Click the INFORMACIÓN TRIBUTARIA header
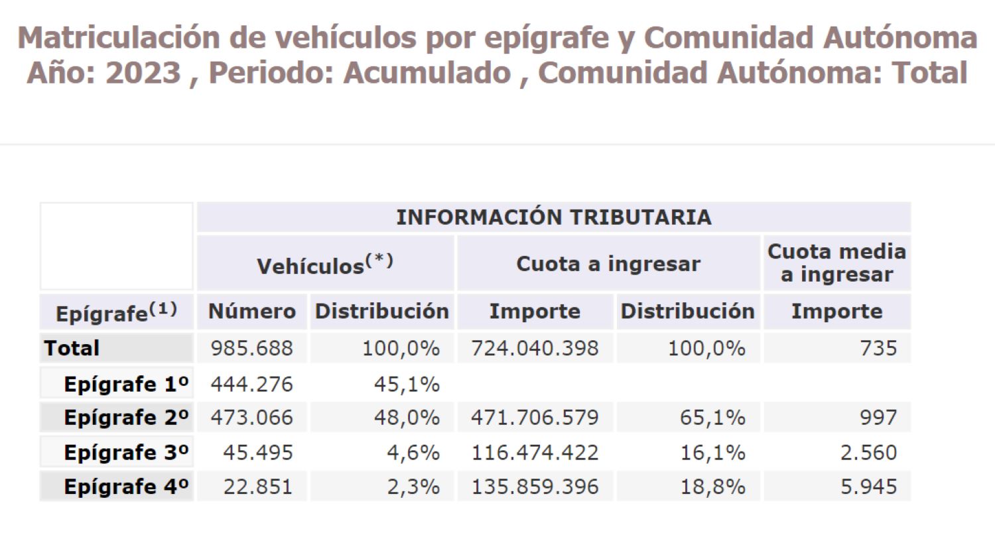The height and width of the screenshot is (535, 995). [x=553, y=217]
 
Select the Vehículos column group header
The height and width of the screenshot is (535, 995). [x=325, y=265]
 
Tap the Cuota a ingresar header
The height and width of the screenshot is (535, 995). [x=608, y=264]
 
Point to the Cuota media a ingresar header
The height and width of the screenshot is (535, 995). [x=836, y=263]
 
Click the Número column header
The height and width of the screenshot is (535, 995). [x=252, y=312]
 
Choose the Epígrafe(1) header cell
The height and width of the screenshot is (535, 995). [x=117, y=312]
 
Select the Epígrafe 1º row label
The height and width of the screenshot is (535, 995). [x=126, y=384]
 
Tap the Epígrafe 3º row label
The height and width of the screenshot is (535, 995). [x=126, y=453]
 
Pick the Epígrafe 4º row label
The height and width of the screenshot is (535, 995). [x=126, y=487]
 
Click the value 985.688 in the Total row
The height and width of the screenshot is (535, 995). [x=251, y=348]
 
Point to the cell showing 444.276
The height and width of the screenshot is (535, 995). [x=251, y=384]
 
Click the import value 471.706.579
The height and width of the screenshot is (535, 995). [x=535, y=418]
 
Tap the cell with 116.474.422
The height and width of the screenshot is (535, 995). [x=535, y=453]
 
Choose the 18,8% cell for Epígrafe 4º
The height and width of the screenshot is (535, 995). [x=712, y=487]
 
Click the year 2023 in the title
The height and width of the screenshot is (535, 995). [x=143, y=72]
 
